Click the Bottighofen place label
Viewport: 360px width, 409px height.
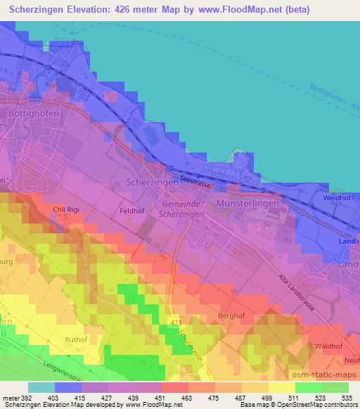tap(31, 112)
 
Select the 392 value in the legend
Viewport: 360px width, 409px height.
tap(26, 397)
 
